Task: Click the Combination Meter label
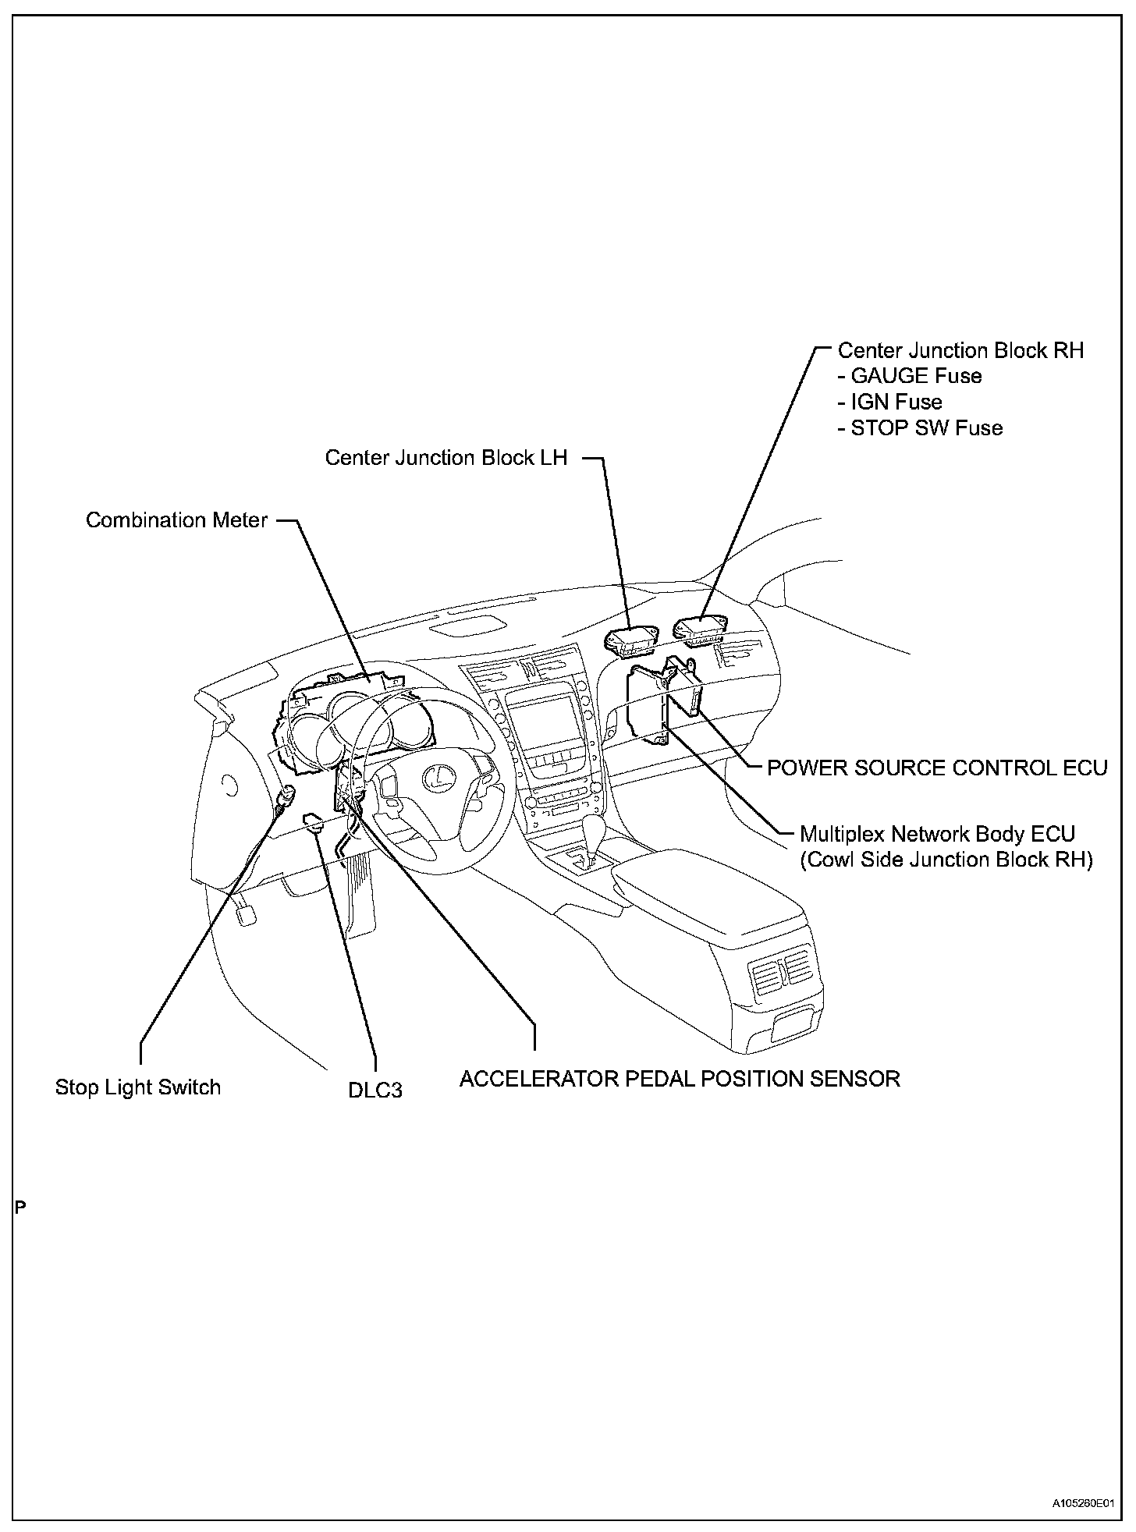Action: tap(176, 520)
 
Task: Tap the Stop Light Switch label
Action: tap(138, 1087)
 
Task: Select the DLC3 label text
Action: tap(375, 1090)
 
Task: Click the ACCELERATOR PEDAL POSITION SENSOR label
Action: tap(680, 1079)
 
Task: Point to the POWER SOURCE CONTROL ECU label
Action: tap(937, 768)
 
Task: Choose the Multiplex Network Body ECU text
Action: tap(937, 834)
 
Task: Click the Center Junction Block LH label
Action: tap(446, 458)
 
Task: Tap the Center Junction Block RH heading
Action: tap(960, 351)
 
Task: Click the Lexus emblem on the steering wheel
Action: tap(438, 777)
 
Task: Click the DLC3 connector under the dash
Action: tap(314, 821)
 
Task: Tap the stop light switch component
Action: tap(287, 796)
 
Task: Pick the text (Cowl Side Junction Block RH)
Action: tap(946, 860)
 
